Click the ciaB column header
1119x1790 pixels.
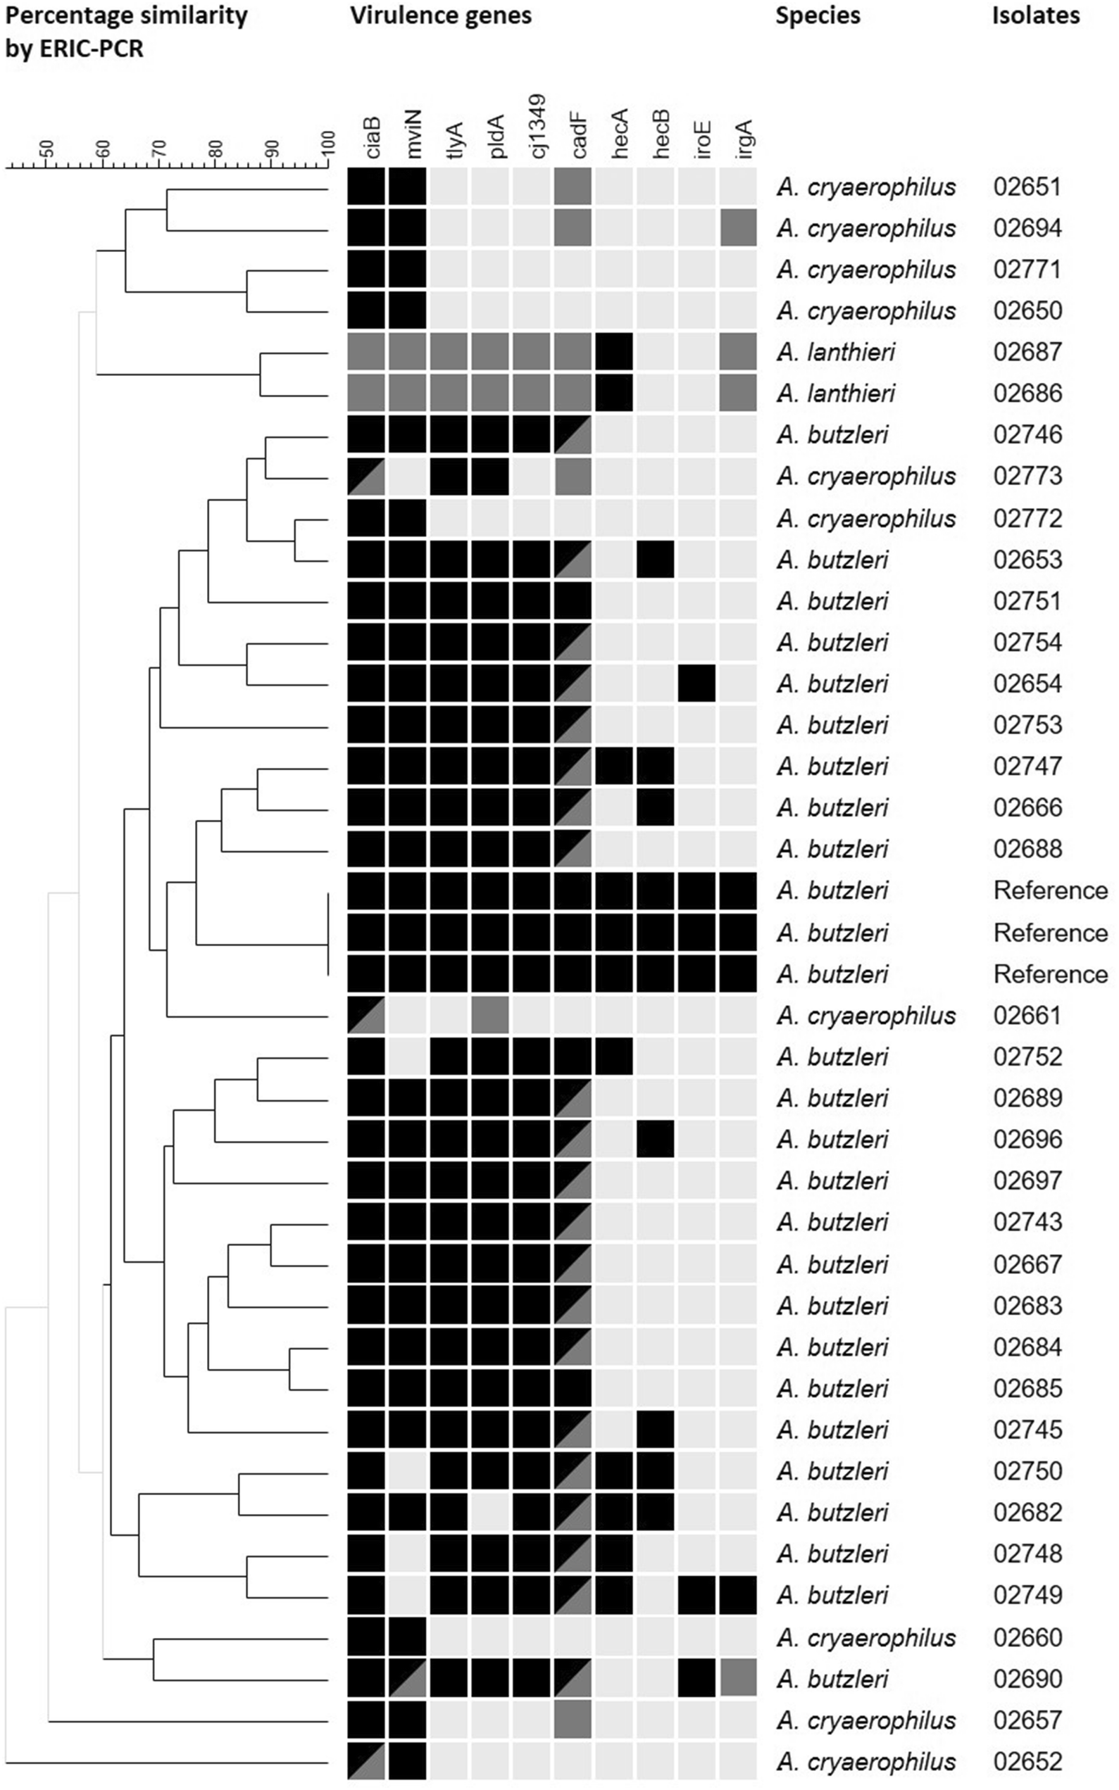374,135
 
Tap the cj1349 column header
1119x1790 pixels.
539,126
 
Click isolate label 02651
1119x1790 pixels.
1027,187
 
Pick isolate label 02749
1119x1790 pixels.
1027,1596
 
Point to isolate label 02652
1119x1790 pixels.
1027,1761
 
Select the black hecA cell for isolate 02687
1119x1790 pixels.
613,352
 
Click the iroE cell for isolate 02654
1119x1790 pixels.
696,683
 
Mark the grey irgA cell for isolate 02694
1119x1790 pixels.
737,228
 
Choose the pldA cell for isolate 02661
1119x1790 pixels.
489,1015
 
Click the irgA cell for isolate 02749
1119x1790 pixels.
737,1596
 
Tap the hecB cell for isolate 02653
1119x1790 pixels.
655,559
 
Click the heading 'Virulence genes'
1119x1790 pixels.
440,16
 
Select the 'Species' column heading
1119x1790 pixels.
817,16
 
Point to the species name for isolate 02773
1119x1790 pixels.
866,477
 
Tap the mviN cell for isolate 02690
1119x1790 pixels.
407,1678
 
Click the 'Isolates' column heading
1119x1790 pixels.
1034,16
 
